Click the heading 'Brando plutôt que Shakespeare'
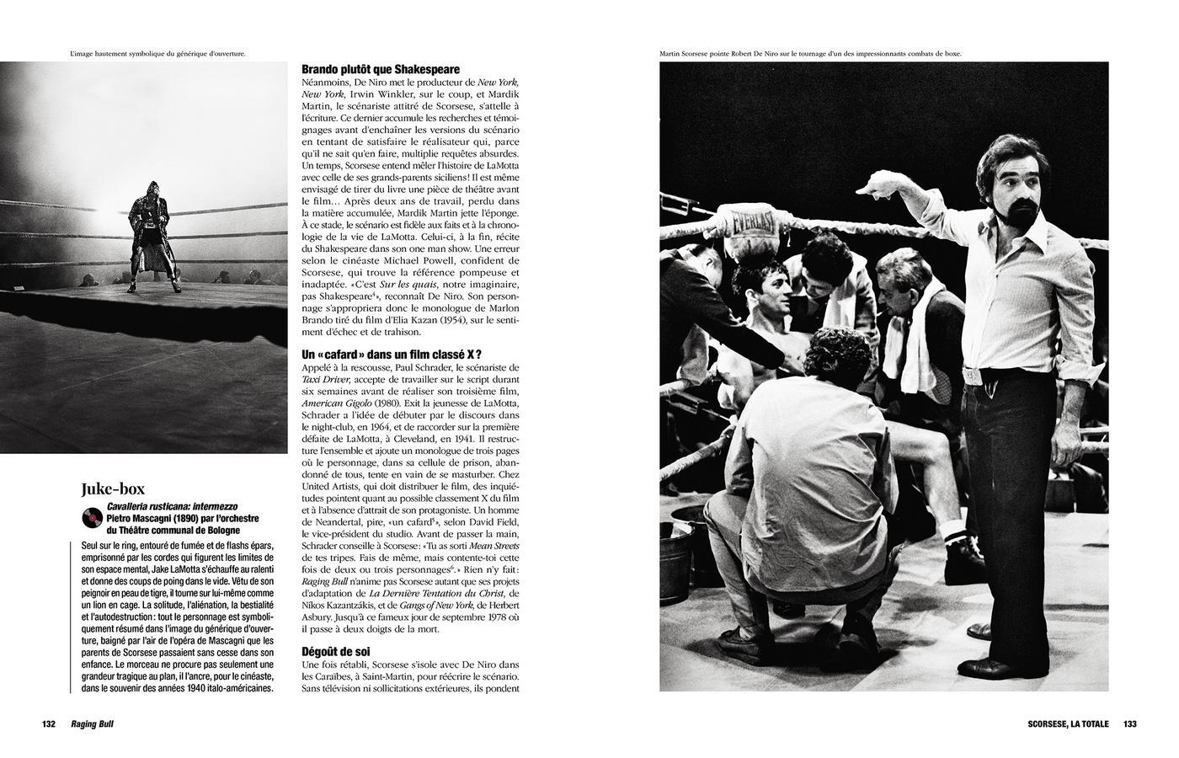381,69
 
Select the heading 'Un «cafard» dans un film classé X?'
392,355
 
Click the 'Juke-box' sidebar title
113,488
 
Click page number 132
48,724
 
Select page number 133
1129,724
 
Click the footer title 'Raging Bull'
92,724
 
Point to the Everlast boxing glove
747,230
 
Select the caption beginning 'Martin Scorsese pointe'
810,54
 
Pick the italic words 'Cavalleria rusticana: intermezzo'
172,506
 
